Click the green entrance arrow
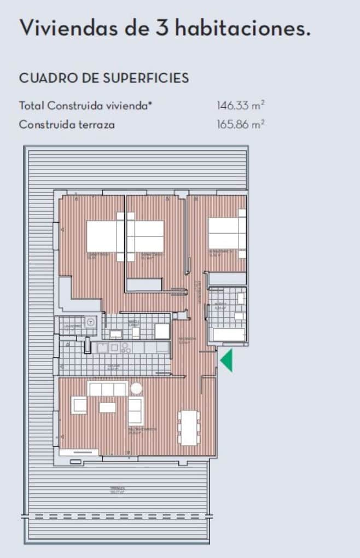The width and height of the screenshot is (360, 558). (x=227, y=361)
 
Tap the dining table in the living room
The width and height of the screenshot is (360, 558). (x=188, y=427)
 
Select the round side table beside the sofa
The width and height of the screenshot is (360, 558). (x=136, y=388)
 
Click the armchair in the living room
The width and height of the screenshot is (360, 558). (x=80, y=405)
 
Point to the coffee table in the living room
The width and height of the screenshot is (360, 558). (x=107, y=408)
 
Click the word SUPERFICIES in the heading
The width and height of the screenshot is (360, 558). (x=147, y=78)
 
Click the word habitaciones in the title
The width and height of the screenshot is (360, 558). (x=242, y=28)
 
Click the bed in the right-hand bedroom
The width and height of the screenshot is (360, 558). (x=227, y=234)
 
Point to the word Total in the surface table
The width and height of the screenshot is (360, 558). (x=32, y=106)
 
